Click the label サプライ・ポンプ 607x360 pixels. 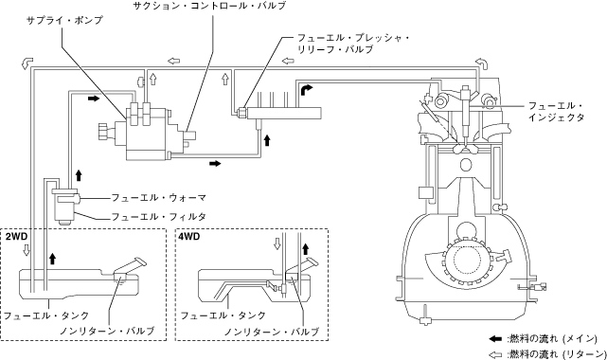[x=64, y=20]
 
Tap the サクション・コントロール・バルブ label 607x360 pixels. [x=209, y=6]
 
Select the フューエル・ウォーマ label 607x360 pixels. [x=159, y=198]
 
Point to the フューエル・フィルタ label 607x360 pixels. [x=159, y=216]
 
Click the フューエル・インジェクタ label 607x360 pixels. [x=556, y=112]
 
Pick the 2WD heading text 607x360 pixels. [x=16, y=236]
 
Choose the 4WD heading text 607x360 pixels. [x=189, y=236]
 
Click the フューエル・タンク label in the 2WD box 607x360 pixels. [x=46, y=315]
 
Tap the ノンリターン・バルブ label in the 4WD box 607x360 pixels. [x=272, y=332]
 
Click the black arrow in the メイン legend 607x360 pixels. [x=495, y=339]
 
